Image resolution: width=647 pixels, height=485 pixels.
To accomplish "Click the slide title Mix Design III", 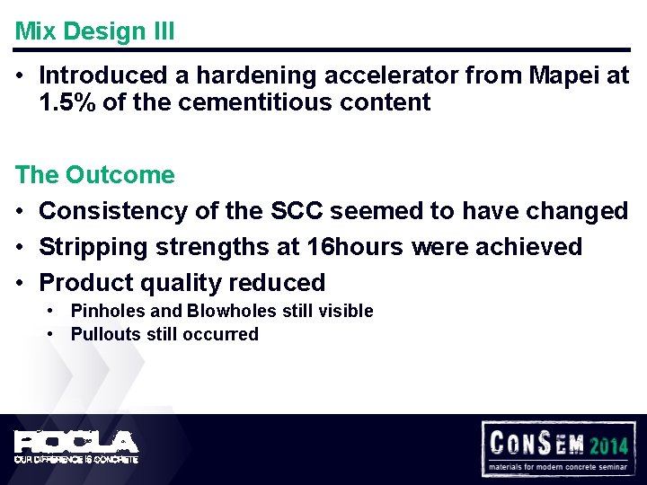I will point(94,31).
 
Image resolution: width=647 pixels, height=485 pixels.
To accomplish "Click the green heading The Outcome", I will point(94,174).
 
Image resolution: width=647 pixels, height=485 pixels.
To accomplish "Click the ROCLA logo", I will point(75,441).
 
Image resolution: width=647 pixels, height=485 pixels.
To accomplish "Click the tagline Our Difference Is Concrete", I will point(75,459).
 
